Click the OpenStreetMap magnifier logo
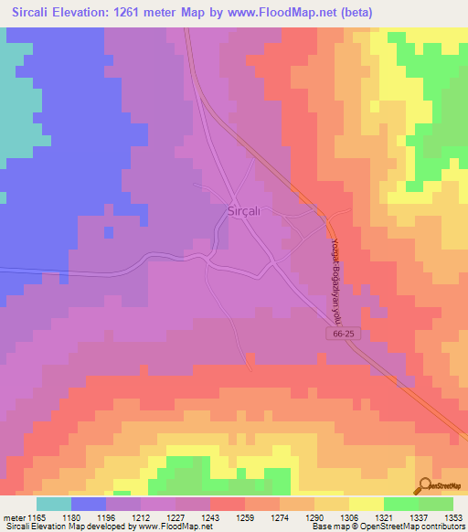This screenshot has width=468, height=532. click(424, 486)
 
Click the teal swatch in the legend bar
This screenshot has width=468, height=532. click(54, 504)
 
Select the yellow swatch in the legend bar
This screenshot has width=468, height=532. click(367, 504)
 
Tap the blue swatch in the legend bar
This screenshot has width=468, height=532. click(89, 504)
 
